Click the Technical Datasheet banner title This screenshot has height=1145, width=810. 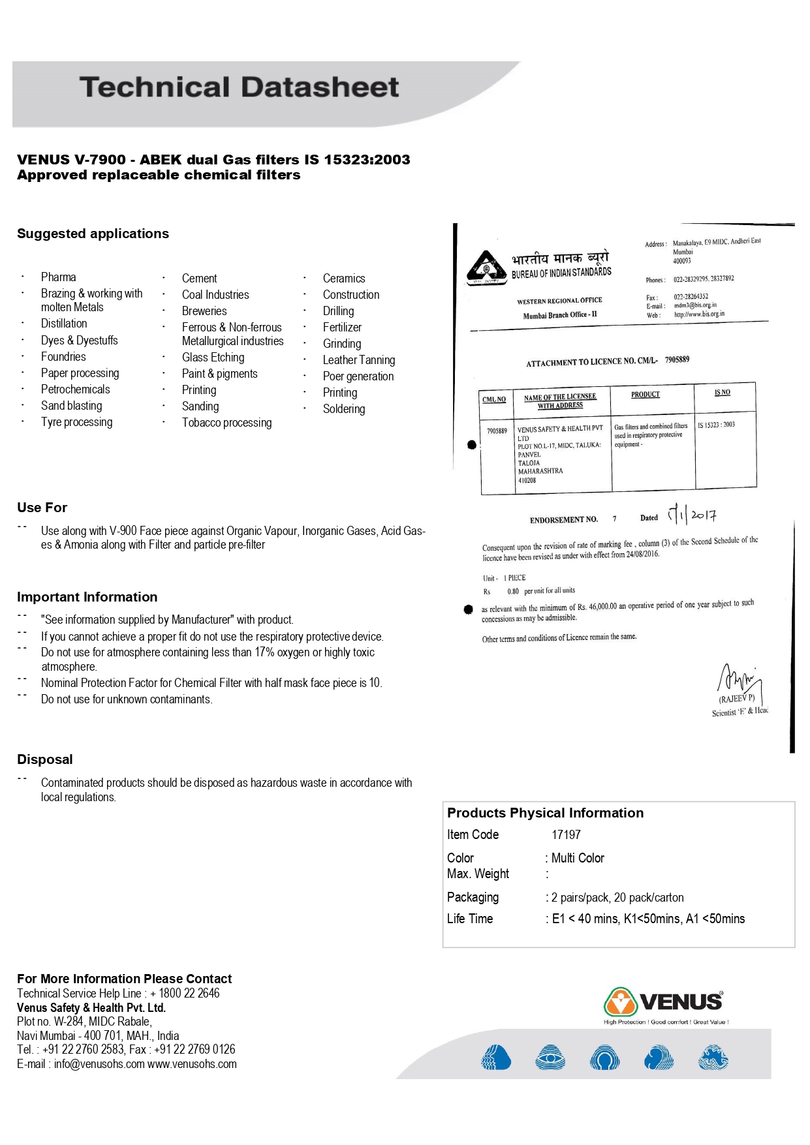239,87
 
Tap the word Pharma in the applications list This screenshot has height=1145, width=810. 58,277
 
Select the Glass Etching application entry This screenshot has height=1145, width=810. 213,358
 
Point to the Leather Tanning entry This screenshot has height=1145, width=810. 358,360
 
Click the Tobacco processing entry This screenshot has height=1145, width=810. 226,423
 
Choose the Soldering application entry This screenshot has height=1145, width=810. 343,409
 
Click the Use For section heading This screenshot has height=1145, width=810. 42,508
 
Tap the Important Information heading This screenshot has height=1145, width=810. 87,597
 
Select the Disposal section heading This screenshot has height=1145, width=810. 44,759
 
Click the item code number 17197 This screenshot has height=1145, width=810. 566,835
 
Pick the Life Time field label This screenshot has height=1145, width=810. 469,919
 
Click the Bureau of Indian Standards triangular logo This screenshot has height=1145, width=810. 486,267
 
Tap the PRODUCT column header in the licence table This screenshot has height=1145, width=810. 645,395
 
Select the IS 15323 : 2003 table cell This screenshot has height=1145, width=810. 716,425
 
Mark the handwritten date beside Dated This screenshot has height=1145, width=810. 692,515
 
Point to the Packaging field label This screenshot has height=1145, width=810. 473,898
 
